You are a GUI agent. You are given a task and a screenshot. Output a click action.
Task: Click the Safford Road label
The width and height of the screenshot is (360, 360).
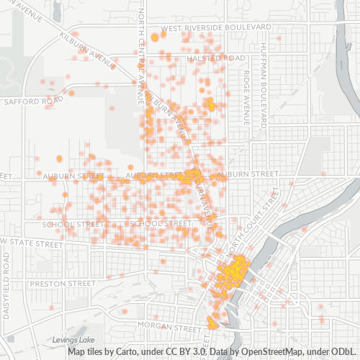coord(29,102)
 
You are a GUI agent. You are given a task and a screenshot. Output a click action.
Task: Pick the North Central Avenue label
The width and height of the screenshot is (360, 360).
coord(141,50)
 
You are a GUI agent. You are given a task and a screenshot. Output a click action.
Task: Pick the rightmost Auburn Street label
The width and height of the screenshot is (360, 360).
coord(246,174)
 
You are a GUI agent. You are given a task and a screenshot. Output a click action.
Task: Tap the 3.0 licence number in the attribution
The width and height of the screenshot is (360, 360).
coord(199,352)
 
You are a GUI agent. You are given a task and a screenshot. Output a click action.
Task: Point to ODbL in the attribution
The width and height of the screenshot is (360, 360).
coord(344,352)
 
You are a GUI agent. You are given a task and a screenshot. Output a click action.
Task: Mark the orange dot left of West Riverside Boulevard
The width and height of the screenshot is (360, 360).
coord(154,37)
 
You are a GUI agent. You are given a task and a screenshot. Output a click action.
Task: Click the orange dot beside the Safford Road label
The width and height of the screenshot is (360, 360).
coord(71,93)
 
